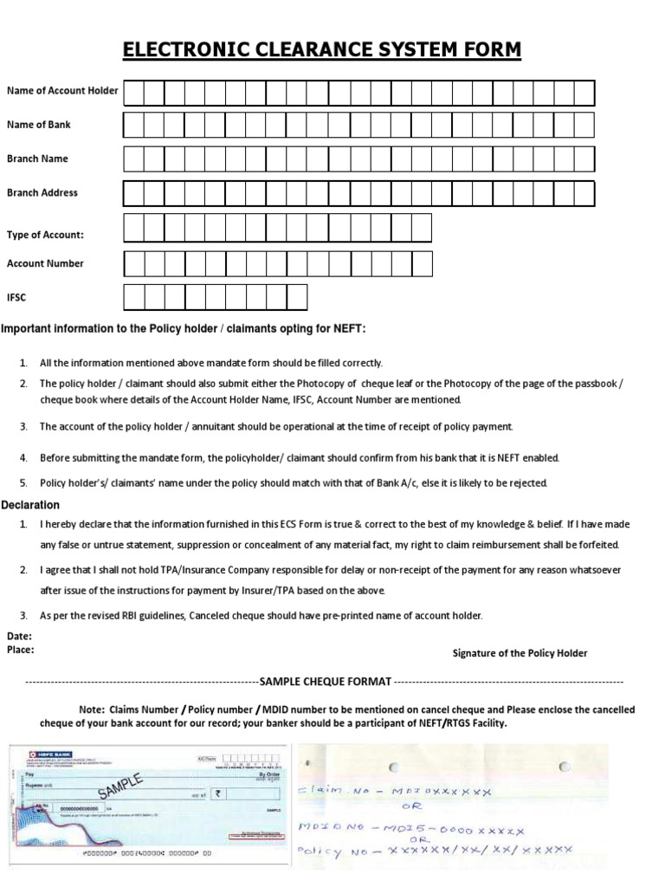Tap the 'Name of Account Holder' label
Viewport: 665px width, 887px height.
(x=62, y=91)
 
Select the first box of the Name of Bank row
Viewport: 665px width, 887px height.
(x=133, y=126)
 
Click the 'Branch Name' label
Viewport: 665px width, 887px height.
(x=37, y=159)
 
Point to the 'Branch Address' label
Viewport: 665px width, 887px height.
(x=42, y=193)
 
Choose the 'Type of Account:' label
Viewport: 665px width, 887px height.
(x=45, y=235)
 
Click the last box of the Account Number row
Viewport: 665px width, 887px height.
(x=422, y=263)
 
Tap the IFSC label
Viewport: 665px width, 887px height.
(x=16, y=298)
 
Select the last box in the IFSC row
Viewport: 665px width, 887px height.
(x=297, y=298)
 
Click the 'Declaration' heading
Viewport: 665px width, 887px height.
(x=30, y=505)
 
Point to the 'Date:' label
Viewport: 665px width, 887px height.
(x=19, y=636)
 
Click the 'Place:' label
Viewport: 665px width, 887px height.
(x=21, y=648)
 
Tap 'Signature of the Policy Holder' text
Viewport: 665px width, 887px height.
(x=520, y=653)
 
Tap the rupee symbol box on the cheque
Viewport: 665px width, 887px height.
(x=219, y=792)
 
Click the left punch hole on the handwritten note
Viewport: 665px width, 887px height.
(x=390, y=766)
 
